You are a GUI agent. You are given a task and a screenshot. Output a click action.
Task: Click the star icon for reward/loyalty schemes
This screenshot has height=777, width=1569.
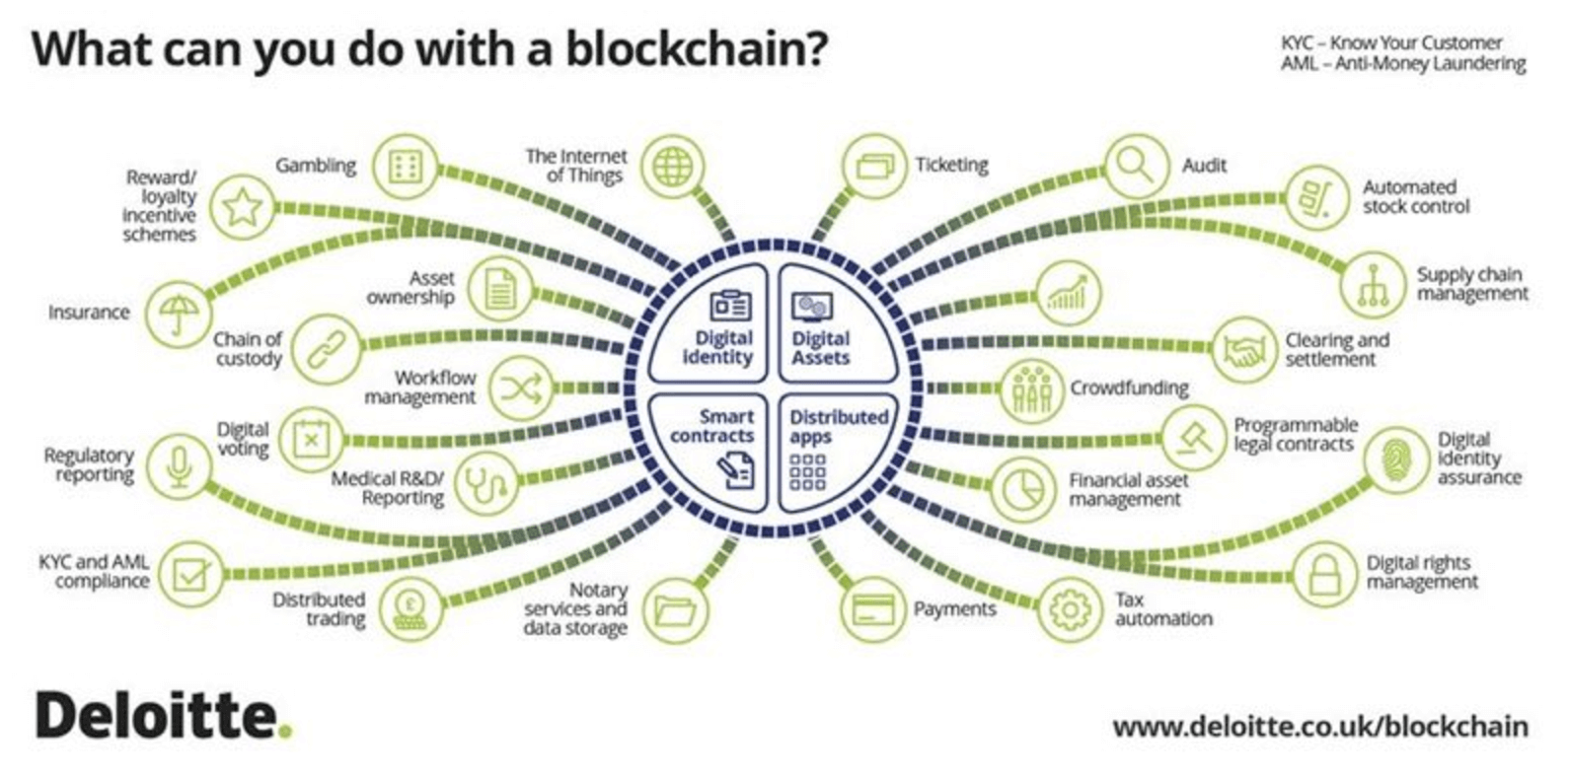coord(242,206)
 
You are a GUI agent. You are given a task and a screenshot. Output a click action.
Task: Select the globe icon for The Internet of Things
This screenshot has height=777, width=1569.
coord(673,166)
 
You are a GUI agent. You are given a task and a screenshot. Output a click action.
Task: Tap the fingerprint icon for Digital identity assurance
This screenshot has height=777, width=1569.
coord(1395,459)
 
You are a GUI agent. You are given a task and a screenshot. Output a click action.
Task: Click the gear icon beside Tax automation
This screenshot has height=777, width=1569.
coord(1069,608)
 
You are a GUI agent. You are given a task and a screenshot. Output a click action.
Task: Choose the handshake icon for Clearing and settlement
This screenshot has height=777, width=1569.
coord(1244,350)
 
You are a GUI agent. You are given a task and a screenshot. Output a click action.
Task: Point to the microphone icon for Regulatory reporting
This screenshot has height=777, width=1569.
coord(179,464)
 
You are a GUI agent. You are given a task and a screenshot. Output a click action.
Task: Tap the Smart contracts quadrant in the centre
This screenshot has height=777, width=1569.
coord(711,448)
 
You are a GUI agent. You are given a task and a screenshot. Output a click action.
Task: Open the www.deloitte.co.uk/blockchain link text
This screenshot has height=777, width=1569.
coord(1319,727)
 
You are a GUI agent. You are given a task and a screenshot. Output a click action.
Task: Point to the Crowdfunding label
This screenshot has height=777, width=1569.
coord(1129,388)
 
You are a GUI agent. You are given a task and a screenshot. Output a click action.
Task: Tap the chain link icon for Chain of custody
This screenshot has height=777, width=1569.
coord(327,349)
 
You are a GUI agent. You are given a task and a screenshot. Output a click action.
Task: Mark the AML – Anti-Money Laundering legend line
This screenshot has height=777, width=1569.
coord(1402,64)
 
